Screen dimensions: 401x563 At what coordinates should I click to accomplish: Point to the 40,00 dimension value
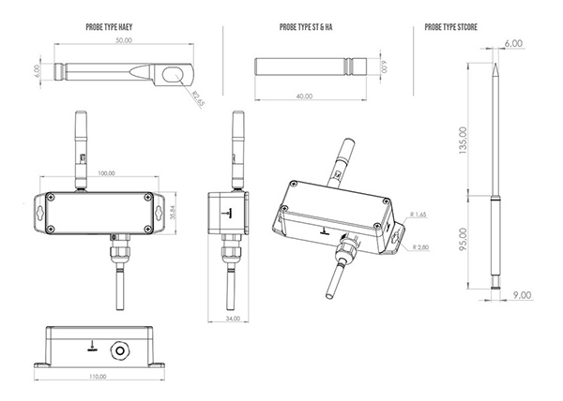[304, 96]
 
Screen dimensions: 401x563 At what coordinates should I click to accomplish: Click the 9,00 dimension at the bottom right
[521, 295]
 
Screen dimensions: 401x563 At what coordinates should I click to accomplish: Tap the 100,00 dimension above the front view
[106, 172]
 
